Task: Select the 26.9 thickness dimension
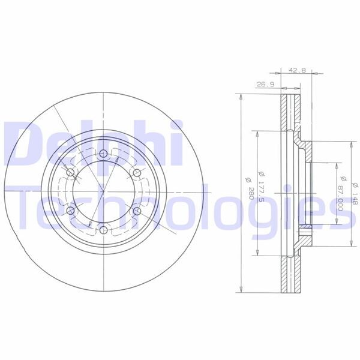265,85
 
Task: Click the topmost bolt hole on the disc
104,154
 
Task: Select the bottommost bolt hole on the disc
104,230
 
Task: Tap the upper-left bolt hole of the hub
71,173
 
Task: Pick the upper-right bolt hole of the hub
137,173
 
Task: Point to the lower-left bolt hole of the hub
71,211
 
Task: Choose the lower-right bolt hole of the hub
137,211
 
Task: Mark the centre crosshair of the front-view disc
104,192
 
